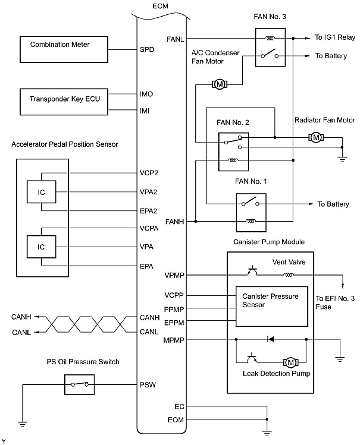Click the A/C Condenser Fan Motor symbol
click(219, 84)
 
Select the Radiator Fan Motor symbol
click(316, 137)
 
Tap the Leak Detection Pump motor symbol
click(291, 362)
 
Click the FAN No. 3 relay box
click(270, 48)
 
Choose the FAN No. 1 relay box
click(251, 212)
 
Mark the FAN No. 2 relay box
click(233, 151)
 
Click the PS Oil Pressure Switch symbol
click(79, 384)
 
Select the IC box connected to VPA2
click(41, 192)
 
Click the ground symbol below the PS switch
click(23, 424)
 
